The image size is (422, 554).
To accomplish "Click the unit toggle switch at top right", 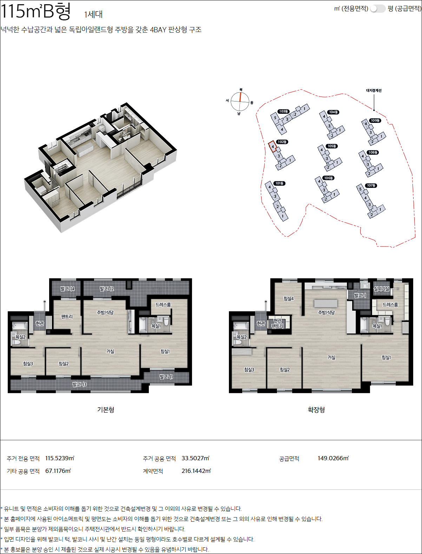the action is tap(377, 8).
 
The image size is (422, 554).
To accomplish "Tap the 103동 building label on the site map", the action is tap(283, 111).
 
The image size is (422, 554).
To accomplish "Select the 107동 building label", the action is tap(371, 185).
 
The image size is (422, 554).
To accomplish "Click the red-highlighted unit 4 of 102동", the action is tap(272, 146).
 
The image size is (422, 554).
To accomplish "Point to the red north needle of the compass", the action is tap(240, 97).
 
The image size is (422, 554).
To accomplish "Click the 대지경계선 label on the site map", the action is tap(374, 90).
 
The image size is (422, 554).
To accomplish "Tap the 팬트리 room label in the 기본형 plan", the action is tap(67, 317).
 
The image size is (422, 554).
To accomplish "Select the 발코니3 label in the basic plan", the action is tap(79, 384).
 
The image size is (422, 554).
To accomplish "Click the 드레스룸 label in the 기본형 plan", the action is tap(163, 305).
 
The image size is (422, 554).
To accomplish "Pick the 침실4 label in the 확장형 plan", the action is tap(289, 298).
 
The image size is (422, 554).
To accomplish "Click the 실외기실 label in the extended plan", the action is tap(381, 289).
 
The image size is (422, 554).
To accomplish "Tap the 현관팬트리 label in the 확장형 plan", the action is tap(277, 323).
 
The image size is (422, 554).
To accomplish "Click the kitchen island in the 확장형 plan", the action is tap(325, 303).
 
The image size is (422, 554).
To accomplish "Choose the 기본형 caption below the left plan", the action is tap(106, 409).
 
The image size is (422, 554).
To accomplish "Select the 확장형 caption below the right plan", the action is tap(316, 409).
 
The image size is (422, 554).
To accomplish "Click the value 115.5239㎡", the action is tap(60, 458).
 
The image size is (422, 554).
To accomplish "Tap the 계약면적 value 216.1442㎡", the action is tap(196, 471).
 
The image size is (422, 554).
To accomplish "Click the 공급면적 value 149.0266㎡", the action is tap(333, 458).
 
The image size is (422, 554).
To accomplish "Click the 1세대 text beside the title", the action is tap(93, 14).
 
